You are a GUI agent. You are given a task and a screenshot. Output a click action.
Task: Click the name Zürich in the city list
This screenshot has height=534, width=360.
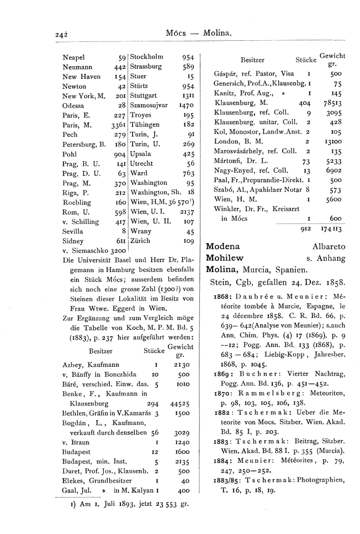[x=141, y=241]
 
